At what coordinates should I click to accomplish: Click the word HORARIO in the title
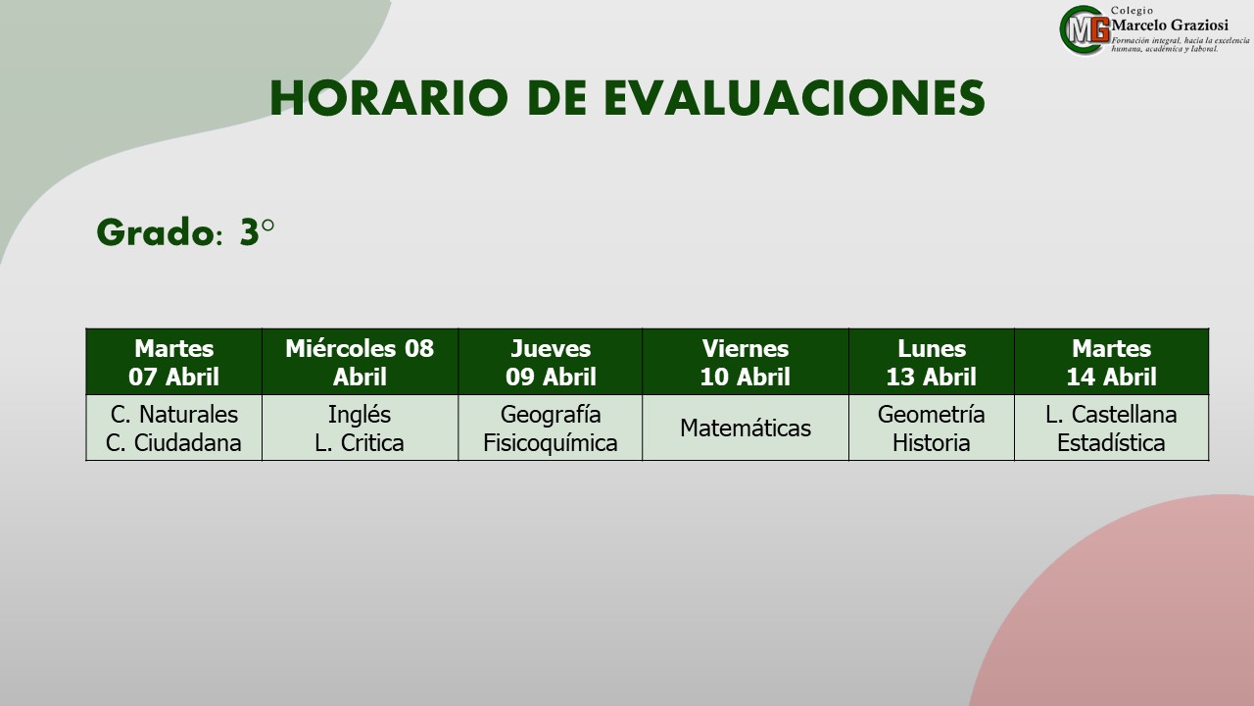coord(389,98)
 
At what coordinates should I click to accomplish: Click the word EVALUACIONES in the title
coord(795,98)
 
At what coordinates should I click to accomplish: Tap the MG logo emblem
coord(1085,30)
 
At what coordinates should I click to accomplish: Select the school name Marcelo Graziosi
coord(1170,25)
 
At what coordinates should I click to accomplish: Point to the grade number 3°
coord(257,232)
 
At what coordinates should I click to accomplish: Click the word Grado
coord(156,232)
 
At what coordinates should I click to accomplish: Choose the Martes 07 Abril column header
coord(174,362)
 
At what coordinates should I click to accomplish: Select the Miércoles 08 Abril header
coord(360,362)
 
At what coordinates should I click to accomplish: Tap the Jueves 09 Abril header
coord(551,362)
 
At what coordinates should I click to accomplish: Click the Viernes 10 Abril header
coord(746,362)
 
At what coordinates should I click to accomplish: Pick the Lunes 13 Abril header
coord(932,362)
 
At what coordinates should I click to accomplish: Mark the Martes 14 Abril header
coord(1111,362)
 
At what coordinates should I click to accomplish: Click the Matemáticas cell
coord(746,429)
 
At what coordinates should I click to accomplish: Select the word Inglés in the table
coord(360,415)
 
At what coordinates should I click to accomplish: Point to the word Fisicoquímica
coord(551,443)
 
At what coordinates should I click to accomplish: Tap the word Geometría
coord(932,415)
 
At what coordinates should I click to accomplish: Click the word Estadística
coord(1111,443)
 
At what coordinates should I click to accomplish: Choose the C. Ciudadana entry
coord(173,443)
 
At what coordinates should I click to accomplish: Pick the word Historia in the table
coord(932,443)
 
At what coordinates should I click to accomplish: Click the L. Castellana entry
coord(1111,415)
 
